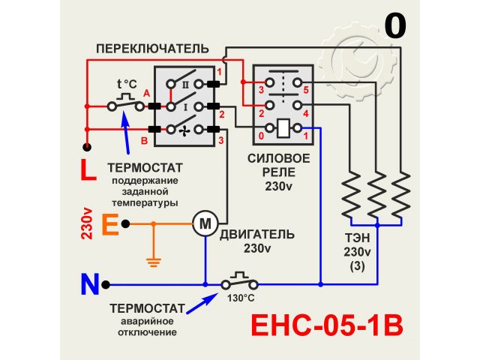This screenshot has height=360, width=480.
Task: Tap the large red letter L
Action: (x=88, y=171)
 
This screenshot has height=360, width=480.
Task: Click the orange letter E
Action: (x=109, y=223)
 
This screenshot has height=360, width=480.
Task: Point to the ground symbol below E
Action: (x=154, y=262)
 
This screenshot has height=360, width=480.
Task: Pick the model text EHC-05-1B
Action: (x=326, y=327)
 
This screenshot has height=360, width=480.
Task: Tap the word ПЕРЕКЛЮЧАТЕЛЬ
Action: (x=151, y=48)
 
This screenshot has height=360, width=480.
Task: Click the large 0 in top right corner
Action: (x=395, y=26)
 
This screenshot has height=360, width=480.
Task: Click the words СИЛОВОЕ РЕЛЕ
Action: (x=278, y=166)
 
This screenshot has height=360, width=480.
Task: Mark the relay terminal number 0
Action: (x=260, y=136)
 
